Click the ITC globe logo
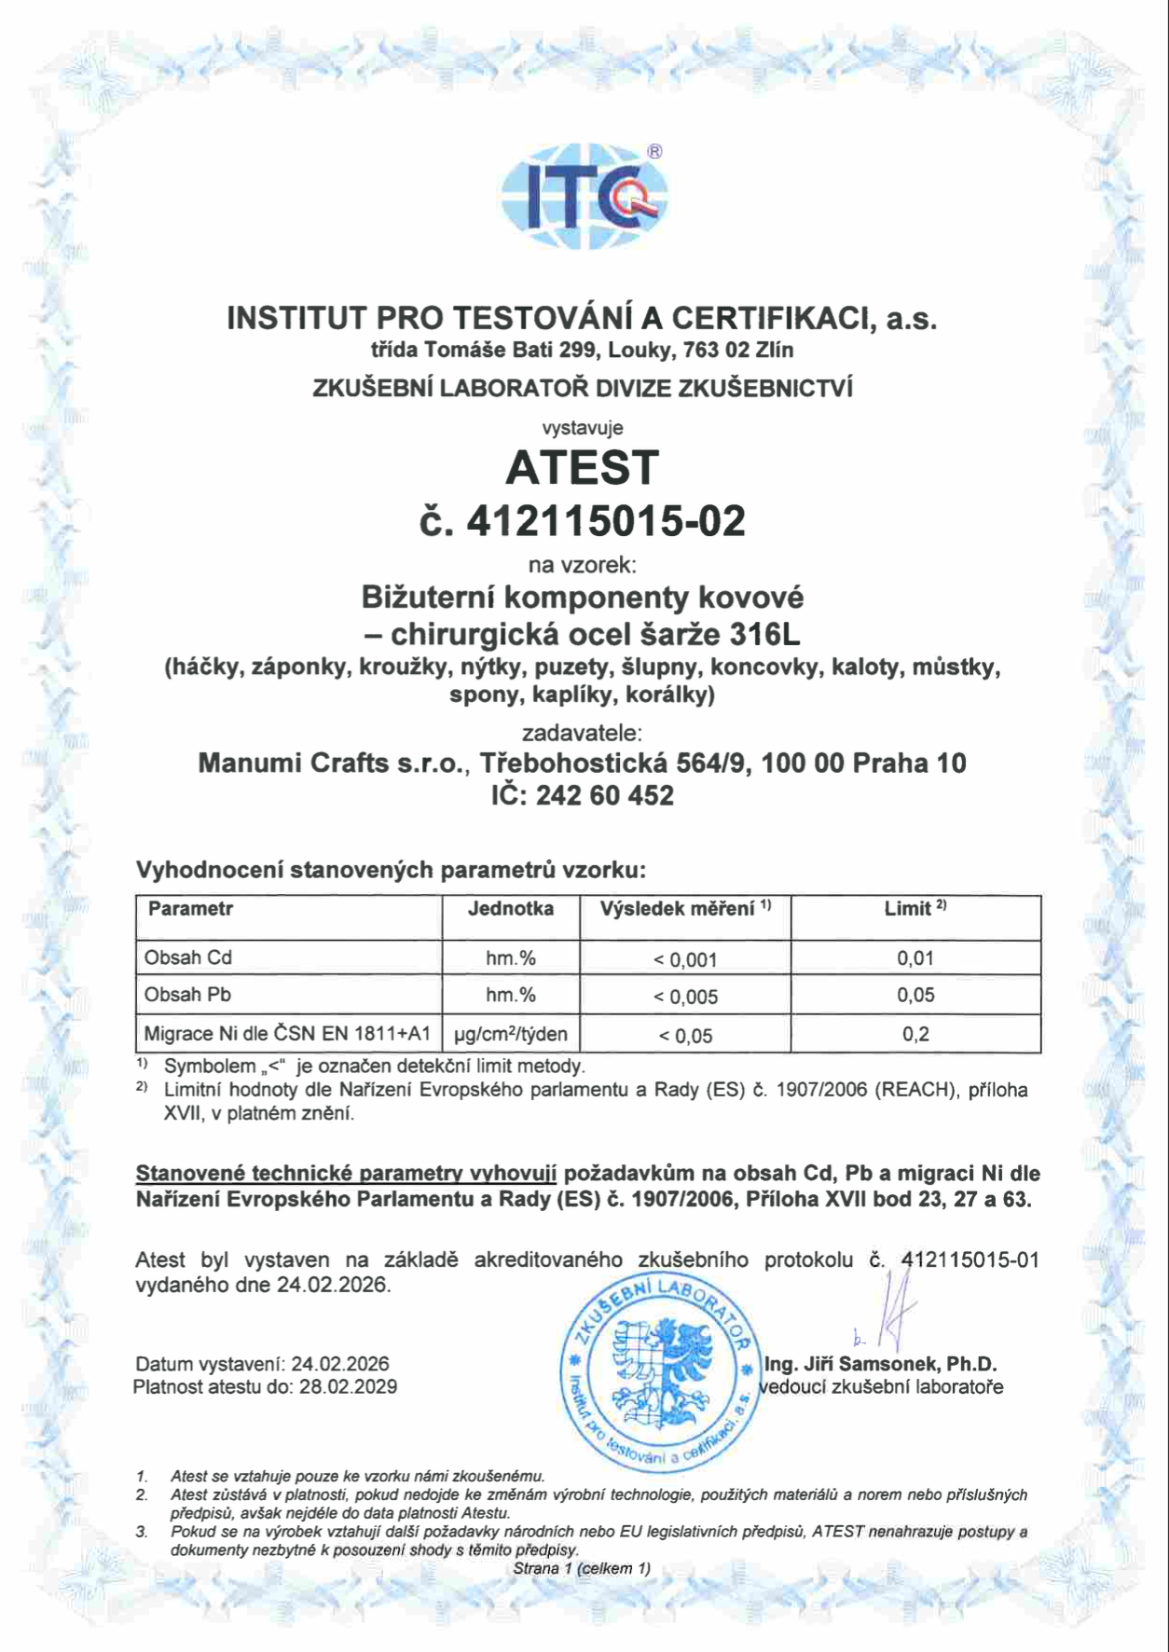[584, 197]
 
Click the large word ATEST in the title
[583, 467]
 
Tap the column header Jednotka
[510, 909]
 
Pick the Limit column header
[915, 909]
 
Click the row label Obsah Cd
[187, 957]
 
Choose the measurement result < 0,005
[685, 997]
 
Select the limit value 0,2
[915, 1034]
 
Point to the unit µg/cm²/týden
[510, 1034]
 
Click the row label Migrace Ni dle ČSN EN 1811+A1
[287, 1034]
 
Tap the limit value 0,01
[915, 958]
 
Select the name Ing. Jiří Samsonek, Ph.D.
[880, 1365]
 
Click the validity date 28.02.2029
[348, 1387]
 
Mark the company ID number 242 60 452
[604, 796]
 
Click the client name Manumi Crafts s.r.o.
[332, 764]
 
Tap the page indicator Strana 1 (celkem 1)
[582, 1568]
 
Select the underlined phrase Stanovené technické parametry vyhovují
[346, 1174]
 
